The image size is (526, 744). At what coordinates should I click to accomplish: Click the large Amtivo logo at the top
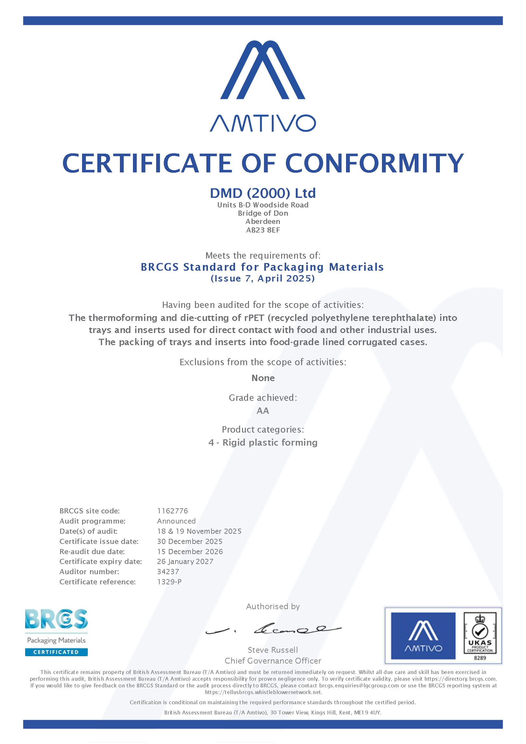point(263,86)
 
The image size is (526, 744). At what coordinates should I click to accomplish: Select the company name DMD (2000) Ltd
point(263,193)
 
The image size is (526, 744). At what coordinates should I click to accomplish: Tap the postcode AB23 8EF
point(263,230)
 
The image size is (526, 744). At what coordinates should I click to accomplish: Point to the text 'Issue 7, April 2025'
point(263,278)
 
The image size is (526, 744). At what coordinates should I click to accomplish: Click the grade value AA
point(263,411)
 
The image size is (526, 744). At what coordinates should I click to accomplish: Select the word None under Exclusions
point(263,378)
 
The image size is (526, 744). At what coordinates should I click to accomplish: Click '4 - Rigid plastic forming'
point(263,442)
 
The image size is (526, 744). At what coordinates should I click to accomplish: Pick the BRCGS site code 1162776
point(172,511)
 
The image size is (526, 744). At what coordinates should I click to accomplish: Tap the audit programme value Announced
point(176,521)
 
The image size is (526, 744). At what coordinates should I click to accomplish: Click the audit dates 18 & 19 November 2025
point(199,531)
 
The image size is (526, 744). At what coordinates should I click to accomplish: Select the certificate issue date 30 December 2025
point(190,541)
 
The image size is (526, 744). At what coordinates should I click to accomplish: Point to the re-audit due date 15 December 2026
point(190,552)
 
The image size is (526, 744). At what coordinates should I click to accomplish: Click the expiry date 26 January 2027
point(185,561)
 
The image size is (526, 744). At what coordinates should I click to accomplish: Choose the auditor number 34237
point(168,572)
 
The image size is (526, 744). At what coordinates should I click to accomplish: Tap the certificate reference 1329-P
point(170,582)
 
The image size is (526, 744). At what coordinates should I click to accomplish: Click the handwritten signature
point(274,629)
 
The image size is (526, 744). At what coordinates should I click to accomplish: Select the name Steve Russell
point(273,650)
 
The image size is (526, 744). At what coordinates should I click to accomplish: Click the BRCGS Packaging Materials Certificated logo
point(56,632)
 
